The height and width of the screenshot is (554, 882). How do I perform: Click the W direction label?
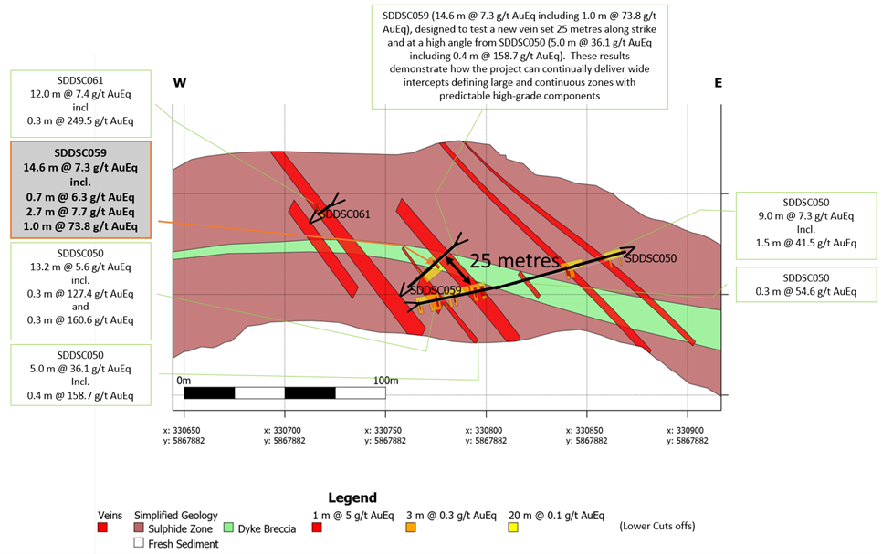coord(180,83)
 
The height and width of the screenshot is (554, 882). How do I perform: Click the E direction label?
coord(718,83)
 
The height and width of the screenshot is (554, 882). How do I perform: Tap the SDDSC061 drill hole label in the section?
coord(342,214)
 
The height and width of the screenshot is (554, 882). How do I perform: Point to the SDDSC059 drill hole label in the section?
coord(436,290)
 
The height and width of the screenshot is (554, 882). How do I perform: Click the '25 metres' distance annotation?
coord(515,260)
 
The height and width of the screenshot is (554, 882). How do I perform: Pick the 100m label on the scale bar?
coord(385,380)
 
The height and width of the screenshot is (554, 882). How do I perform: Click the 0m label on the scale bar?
coord(184,380)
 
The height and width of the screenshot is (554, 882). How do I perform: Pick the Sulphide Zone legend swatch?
coord(140,528)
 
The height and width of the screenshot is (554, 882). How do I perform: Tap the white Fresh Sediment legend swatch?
coord(140,543)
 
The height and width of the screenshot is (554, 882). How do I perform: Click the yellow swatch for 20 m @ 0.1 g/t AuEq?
coord(513,528)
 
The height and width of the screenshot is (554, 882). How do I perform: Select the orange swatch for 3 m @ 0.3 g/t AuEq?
coord(411,528)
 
